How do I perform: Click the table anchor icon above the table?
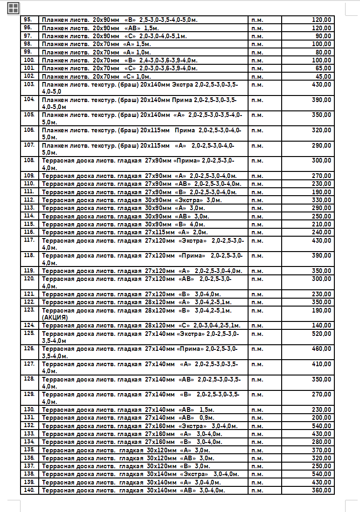point(13,7)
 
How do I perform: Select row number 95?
point(28,20)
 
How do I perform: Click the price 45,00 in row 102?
point(323,76)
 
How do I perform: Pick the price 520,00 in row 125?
point(321,334)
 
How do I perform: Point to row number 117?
point(29,240)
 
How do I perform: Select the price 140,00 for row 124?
point(321,325)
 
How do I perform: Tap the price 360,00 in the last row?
point(321,490)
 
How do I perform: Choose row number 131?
point(29,417)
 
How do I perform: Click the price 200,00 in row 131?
point(321,417)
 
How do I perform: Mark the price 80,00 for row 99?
point(323,52)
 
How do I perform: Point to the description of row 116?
point(125,232)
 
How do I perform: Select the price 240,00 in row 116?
point(321,232)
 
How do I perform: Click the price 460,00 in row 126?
point(321,348)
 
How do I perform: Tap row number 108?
point(29,160)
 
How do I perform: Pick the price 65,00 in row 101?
point(323,68)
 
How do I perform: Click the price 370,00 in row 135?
point(321,450)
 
